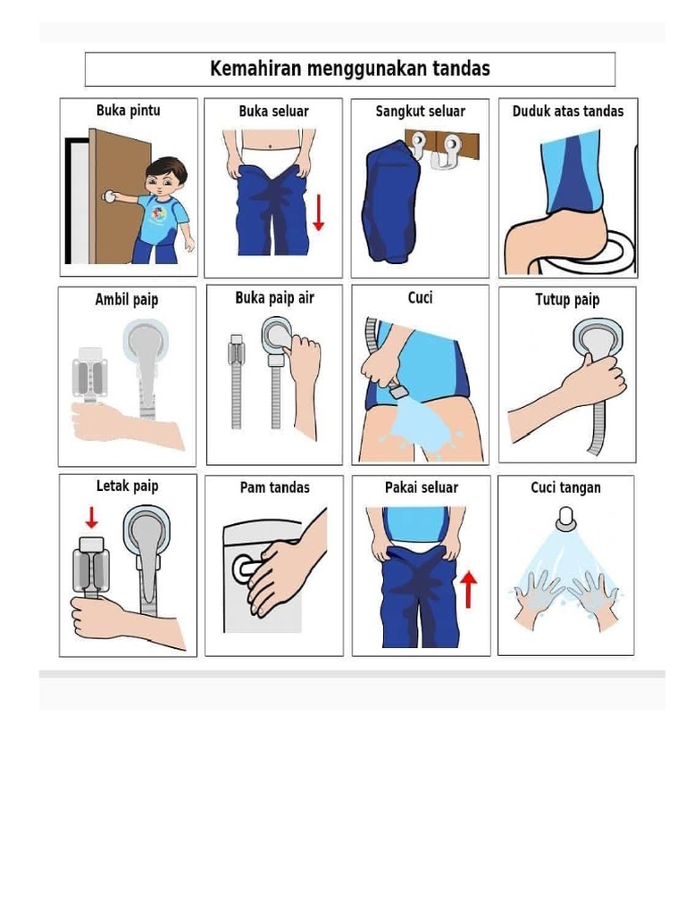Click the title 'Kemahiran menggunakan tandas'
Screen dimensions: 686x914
(x=349, y=69)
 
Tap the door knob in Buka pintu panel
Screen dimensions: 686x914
(x=108, y=196)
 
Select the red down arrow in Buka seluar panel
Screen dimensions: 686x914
(x=319, y=212)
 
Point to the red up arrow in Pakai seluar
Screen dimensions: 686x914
(x=468, y=589)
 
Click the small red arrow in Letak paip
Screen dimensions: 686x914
(x=92, y=518)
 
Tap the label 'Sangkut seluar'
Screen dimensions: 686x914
(x=420, y=112)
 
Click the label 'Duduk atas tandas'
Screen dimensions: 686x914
(x=567, y=112)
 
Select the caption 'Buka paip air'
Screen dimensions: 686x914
(x=274, y=298)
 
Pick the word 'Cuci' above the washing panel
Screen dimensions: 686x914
(x=420, y=298)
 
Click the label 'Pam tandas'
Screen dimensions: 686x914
(x=275, y=487)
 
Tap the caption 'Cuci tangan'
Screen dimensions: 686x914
(x=565, y=488)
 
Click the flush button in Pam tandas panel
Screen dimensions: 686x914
(x=244, y=569)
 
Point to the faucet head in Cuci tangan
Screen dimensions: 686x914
(x=565, y=519)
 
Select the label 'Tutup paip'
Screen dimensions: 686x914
(x=567, y=300)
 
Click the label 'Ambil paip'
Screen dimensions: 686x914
(x=127, y=300)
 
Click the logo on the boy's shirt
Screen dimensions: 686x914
(x=158, y=214)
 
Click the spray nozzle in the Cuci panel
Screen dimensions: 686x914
(x=397, y=389)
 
